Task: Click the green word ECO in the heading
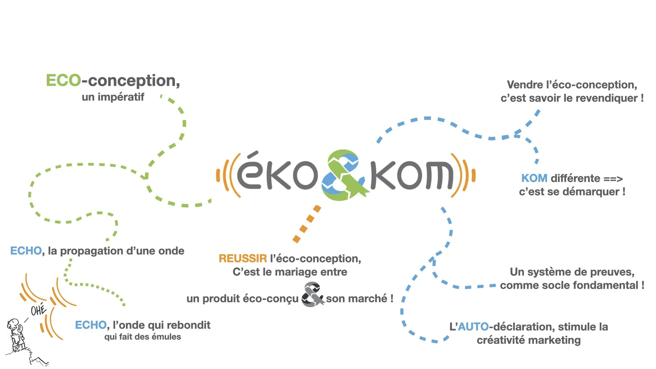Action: tap(64, 81)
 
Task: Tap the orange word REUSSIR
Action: tap(243, 259)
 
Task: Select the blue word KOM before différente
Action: tap(534, 178)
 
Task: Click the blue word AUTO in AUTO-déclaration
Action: tap(473, 327)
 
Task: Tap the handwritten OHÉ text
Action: tap(38, 310)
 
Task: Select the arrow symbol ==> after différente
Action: tap(613, 179)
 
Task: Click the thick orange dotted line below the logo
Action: tap(307, 224)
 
